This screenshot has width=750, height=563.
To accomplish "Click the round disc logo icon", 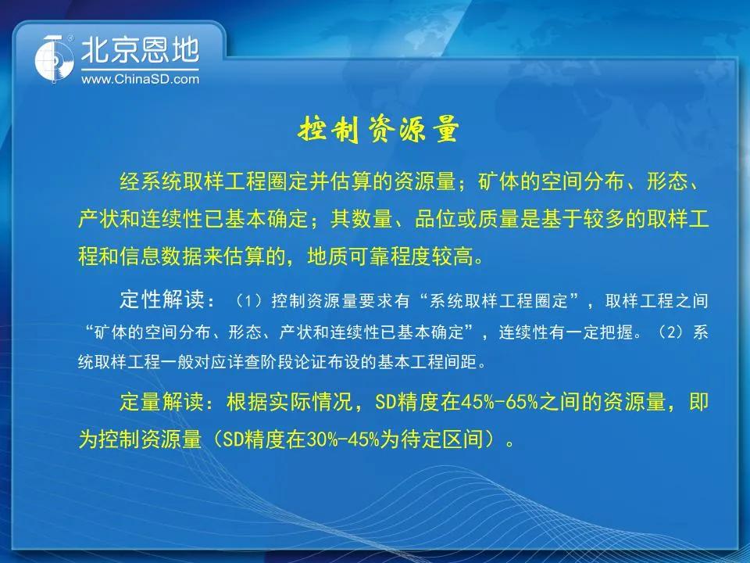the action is (54, 59).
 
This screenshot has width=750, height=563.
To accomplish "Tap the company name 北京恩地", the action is (140, 50).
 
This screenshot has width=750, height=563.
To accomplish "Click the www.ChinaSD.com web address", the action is (140, 80).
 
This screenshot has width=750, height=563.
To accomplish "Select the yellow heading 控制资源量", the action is (378, 129).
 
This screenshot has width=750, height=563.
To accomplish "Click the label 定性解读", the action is (162, 300).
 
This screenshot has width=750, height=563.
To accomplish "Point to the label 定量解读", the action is (162, 402).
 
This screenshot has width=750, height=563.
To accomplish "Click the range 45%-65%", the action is (499, 402).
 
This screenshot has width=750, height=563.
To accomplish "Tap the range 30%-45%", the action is (342, 439).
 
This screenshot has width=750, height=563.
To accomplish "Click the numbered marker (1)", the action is (251, 301).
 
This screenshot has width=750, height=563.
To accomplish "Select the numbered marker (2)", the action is (674, 332).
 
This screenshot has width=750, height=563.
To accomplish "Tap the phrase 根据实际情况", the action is (289, 402).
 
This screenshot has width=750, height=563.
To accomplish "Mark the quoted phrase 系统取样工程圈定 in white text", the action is (498, 301).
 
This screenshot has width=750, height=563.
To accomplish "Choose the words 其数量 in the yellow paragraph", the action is (361, 219).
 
